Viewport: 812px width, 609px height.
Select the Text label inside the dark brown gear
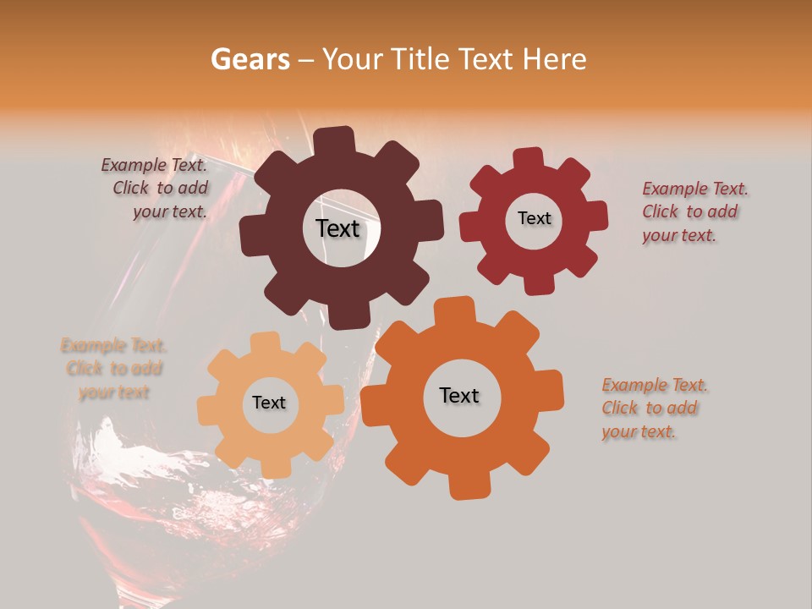(x=337, y=228)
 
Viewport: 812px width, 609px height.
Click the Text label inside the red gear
(x=534, y=218)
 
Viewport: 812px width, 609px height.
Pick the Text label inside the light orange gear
(x=269, y=403)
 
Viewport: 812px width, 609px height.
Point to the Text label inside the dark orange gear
(x=459, y=395)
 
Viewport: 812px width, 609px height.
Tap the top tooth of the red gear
(x=529, y=158)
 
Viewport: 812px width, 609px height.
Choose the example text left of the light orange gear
(x=114, y=368)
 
